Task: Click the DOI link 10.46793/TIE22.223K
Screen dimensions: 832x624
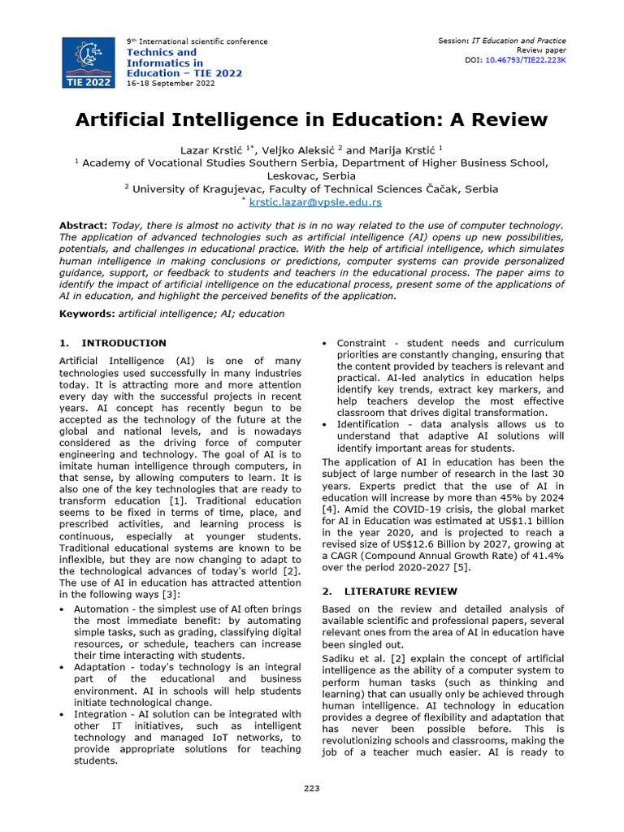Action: point(525,60)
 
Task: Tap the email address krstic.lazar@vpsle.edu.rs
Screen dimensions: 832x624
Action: point(315,202)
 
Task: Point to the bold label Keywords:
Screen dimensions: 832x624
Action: point(87,314)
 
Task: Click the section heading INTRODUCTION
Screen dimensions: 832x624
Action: point(123,343)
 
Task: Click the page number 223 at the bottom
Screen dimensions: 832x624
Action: point(312,789)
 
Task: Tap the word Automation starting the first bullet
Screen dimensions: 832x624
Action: point(100,609)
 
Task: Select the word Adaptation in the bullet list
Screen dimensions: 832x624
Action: point(100,667)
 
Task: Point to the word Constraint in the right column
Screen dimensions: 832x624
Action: point(362,343)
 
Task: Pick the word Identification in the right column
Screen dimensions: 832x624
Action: point(370,425)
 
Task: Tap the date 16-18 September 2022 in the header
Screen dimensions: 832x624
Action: point(170,84)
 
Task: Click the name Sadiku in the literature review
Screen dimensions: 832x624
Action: point(340,658)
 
